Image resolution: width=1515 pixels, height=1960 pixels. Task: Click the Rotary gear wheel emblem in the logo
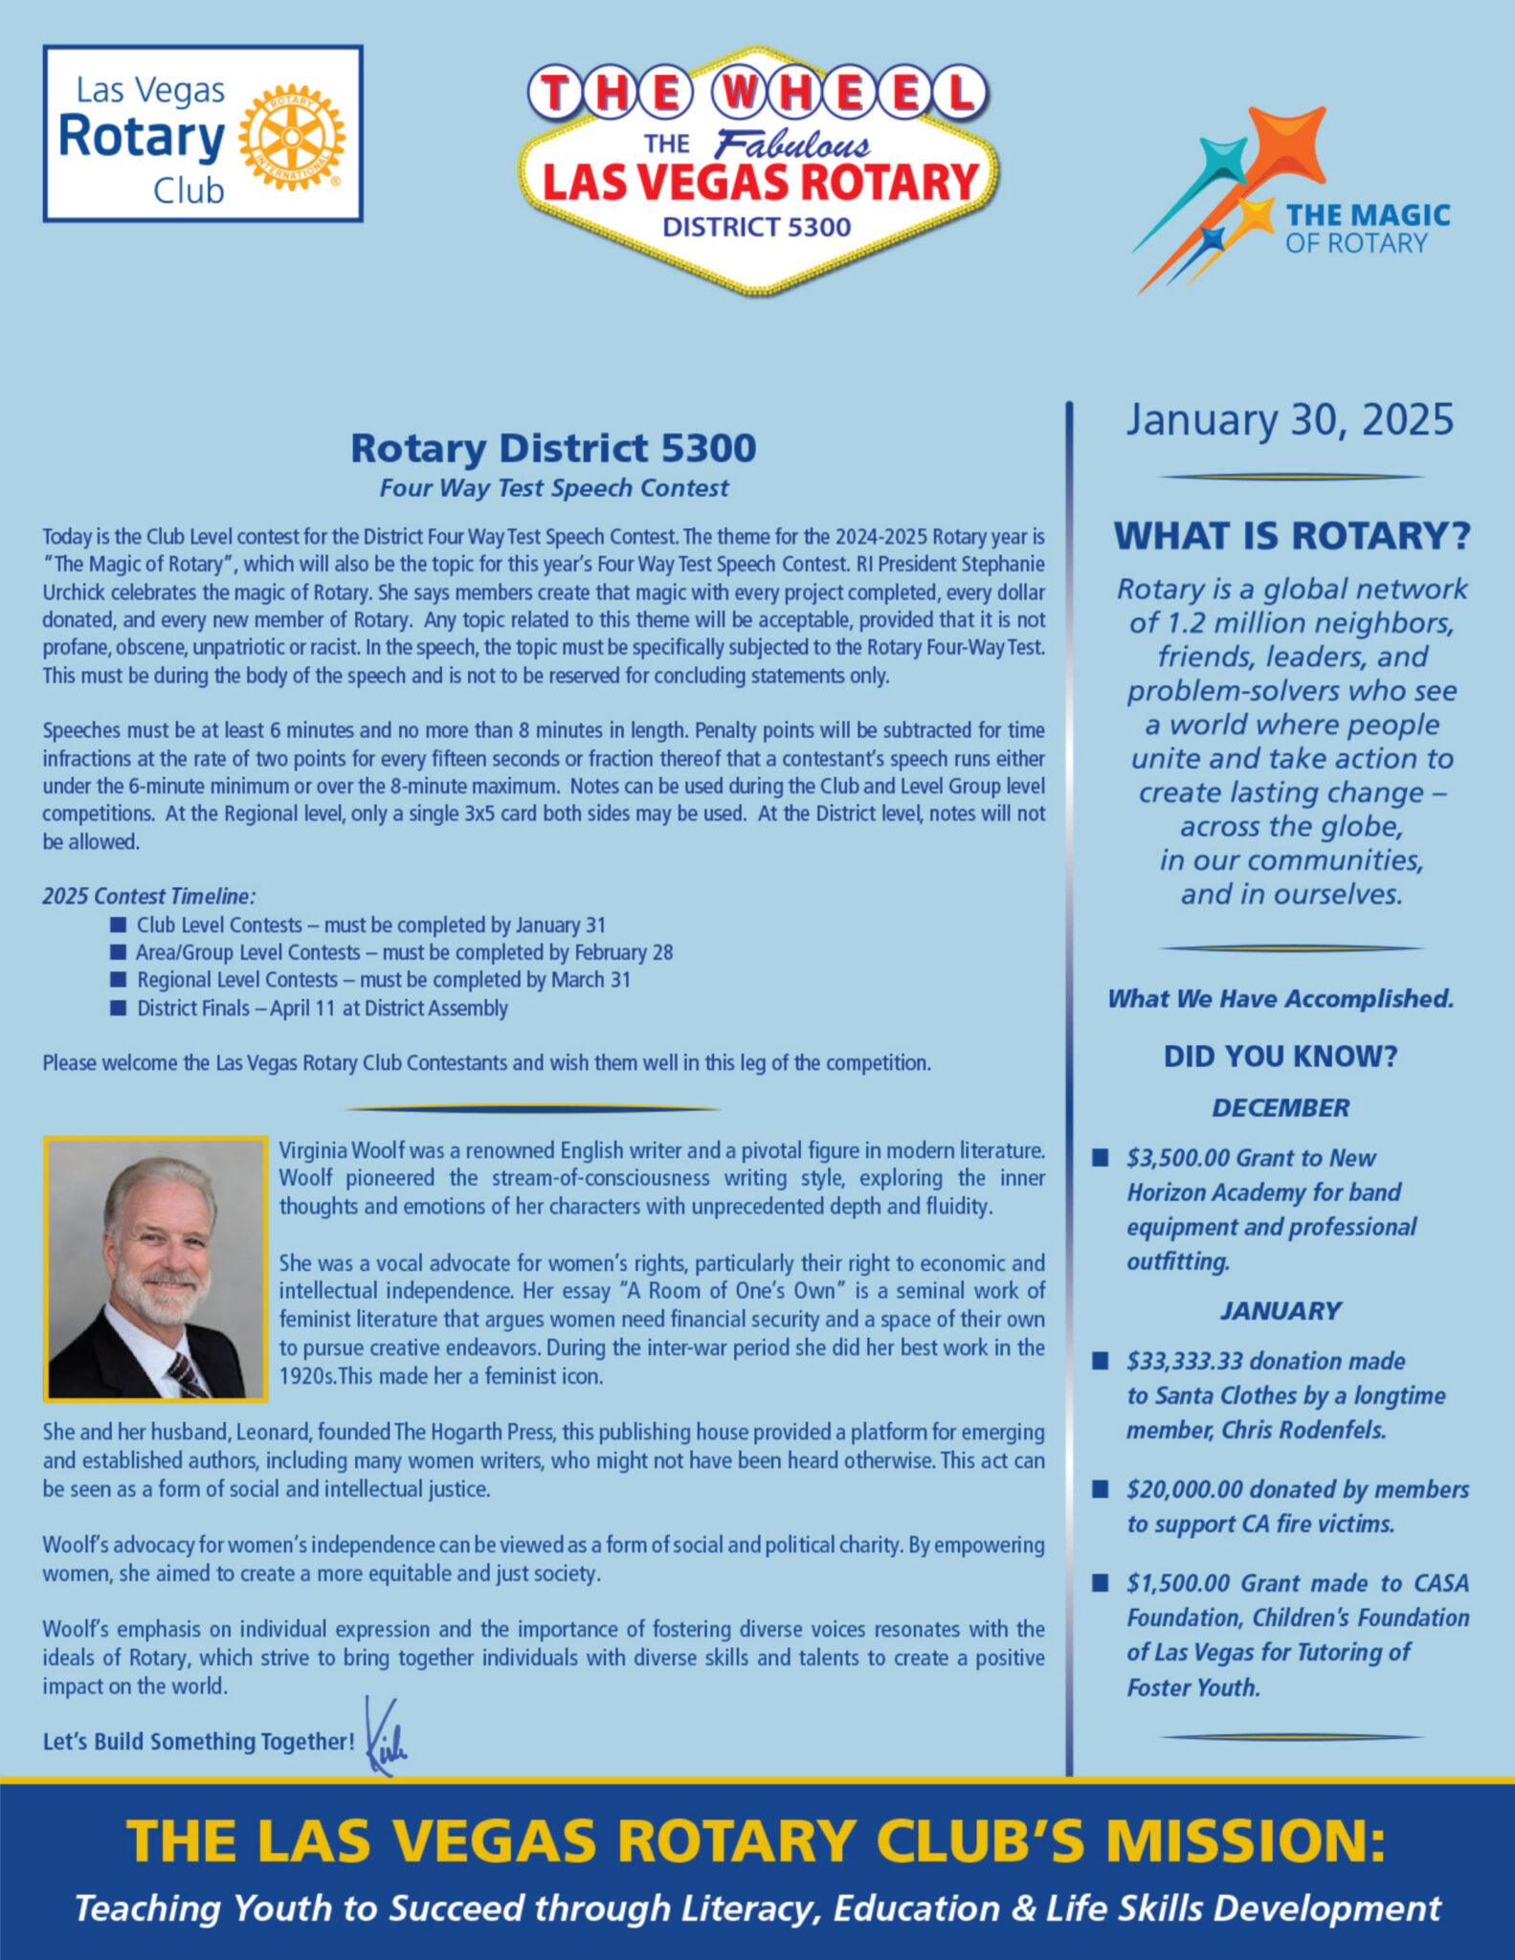[x=292, y=137]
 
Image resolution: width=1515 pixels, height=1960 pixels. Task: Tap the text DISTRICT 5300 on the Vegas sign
[x=756, y=228]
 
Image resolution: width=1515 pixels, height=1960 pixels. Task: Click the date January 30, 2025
[x=1289, y=420]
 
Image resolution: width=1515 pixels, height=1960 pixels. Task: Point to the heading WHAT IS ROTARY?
[x=1291, y=536]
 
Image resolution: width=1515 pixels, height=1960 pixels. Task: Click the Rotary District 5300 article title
[x=553, y=448]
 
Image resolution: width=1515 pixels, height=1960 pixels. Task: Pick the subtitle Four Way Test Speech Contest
[x=553, y=488]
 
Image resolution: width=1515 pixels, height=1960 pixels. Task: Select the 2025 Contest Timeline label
[x=148, y=897]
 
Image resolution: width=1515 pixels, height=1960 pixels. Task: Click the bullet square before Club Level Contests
[x=118, y=924]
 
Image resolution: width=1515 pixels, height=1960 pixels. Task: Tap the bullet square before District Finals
[x=118, y=1008]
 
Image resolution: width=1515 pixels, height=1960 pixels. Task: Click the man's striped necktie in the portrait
[x=187, y=1374]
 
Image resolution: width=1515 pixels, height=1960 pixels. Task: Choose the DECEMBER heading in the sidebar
[x=1281, y=1108]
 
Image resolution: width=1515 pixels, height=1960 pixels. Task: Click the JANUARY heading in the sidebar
[x=1281, y=1311]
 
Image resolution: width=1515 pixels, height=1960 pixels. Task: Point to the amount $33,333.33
[x=1184, y=1361]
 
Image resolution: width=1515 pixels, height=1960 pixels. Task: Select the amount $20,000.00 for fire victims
[x=1184, y=1489]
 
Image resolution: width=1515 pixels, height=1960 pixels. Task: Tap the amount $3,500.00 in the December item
[x=1177, y=1158]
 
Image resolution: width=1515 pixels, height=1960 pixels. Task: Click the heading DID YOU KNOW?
[x=1281, y=1057]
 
